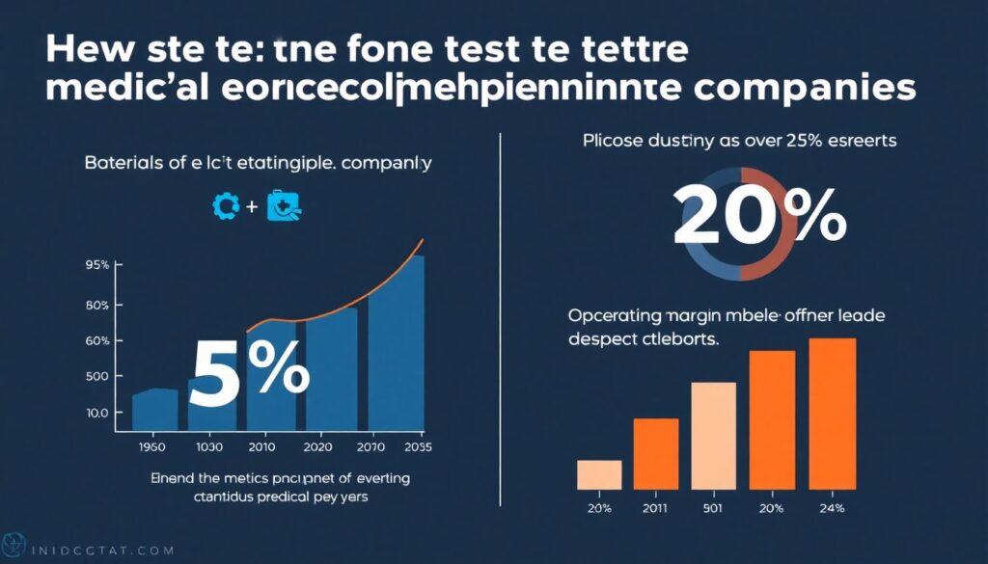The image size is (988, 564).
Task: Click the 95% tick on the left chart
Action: point(96,264)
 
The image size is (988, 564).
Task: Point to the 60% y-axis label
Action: point(96,341)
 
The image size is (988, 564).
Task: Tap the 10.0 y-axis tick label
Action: point(96,413)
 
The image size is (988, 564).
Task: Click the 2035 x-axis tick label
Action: point(418,446)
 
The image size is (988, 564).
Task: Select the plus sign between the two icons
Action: point(251,204)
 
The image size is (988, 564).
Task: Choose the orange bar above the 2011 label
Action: point(655,453)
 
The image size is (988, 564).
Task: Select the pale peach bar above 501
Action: point(714,435)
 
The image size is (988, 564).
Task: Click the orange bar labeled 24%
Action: point(833,414)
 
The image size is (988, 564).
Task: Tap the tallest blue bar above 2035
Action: point(397,342)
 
